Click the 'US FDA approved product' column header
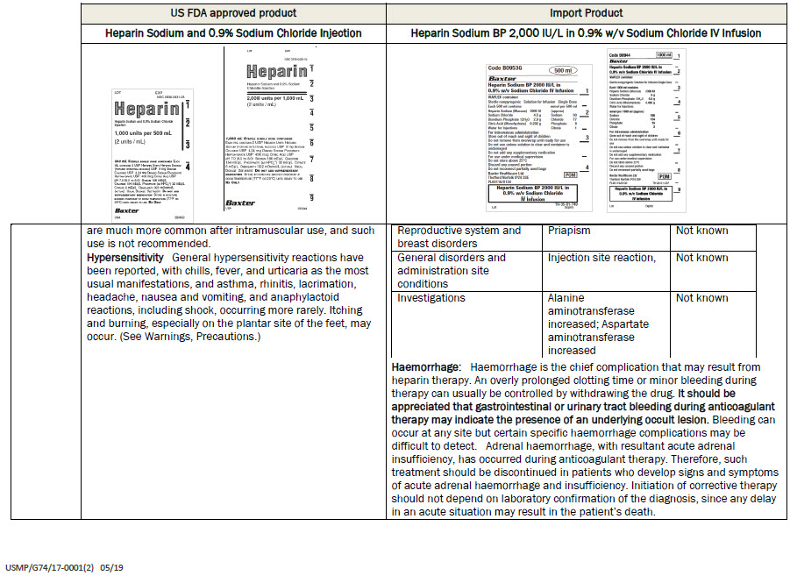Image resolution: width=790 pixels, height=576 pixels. pyautogui.click(x=233, y=13)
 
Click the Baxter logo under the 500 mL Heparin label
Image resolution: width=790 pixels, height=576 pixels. pyautogui.click(x=128, y=211)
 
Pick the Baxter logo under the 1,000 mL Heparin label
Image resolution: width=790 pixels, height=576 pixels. pyautogui.click(x=239, y=203)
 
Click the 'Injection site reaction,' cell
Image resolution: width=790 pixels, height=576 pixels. pyautogui.click(x=601, y=258)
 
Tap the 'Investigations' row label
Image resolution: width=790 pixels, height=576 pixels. pyautogui.click(x=431, y=298)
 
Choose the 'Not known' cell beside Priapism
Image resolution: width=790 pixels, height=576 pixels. pyautogui.click(x=701, y=231)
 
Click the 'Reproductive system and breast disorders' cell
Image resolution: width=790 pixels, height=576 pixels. pyautogui.click(x=459, y=237)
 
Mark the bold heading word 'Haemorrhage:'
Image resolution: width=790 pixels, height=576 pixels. pyautogui.click(x=426, y=366)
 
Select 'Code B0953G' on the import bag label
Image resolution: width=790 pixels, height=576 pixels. pyautogui.click(x=504, y=68)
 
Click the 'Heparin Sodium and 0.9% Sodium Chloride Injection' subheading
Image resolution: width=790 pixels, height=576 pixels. pyautogui.click(x=233, y=33)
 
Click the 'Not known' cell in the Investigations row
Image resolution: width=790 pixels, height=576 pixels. pyautogui.click(x=701, y=298)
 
